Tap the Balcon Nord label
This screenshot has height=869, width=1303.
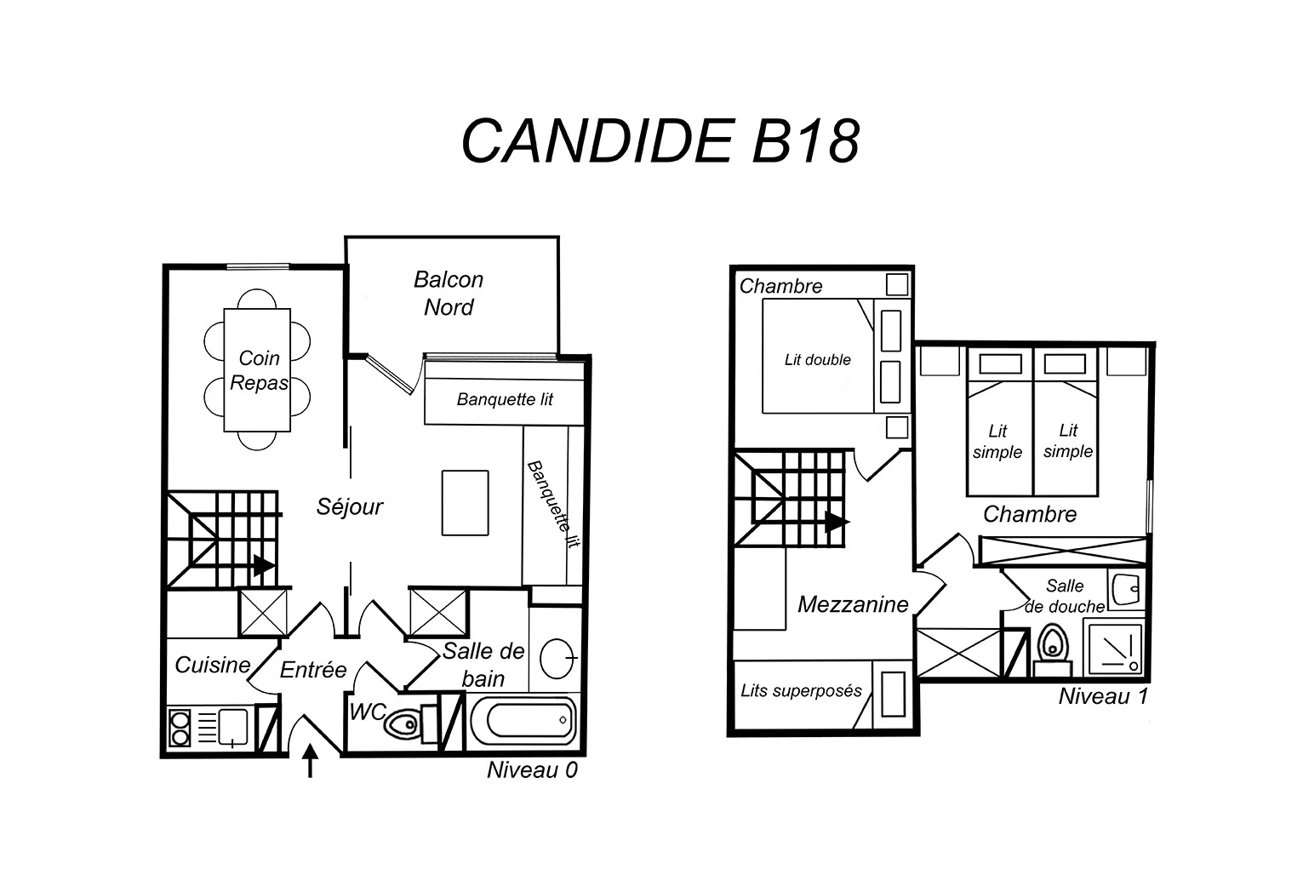[x=448, y=293]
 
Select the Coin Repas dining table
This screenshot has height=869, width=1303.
[x=258, y=370]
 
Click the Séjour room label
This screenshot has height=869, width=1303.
[x=350, y=507]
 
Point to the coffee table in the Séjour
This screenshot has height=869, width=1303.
[x=465, y=502]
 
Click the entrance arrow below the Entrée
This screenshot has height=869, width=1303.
[x=311, y=759]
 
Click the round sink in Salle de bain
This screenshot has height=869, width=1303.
[x=557, y=658]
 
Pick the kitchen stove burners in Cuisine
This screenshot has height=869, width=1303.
[x=180, y=728]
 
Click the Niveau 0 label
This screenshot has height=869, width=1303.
[x=532, y=770]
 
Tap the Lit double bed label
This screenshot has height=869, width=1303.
[x=817, y=360]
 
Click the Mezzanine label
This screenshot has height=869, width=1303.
[x=853, y=604]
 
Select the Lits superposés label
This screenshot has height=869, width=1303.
[x=801, y=691]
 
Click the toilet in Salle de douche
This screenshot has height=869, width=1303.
[x=1053, y=646]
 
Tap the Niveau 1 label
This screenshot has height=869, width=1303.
[x=1103, y=696]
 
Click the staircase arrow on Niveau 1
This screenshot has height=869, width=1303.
[x=837, y=522]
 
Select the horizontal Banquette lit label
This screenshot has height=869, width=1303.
[x=505, y=399]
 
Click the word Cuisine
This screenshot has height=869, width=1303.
[x=213, y=665]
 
